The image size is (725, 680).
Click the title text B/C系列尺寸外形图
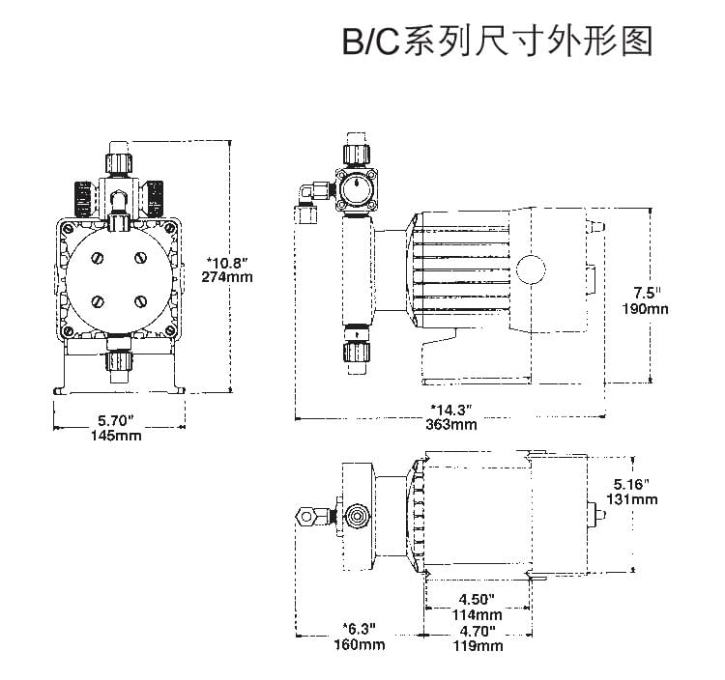498,42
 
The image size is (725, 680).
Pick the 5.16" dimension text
639,483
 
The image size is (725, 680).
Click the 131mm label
637,498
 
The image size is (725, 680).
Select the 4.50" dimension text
478,598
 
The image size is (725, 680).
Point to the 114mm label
478,614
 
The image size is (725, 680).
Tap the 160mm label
361,644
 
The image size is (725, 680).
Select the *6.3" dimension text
361,629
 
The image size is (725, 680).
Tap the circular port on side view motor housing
531,269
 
